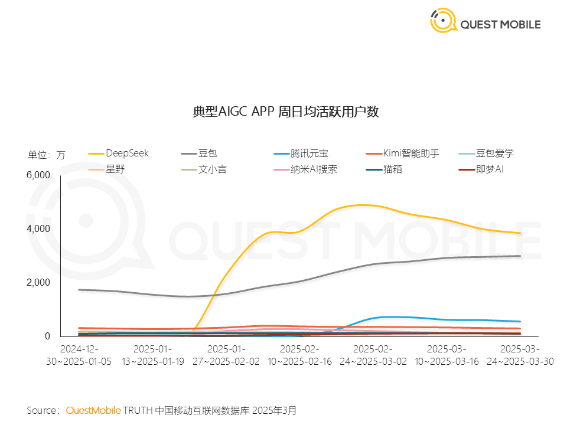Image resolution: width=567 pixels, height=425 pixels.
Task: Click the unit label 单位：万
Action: pos(47,155)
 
